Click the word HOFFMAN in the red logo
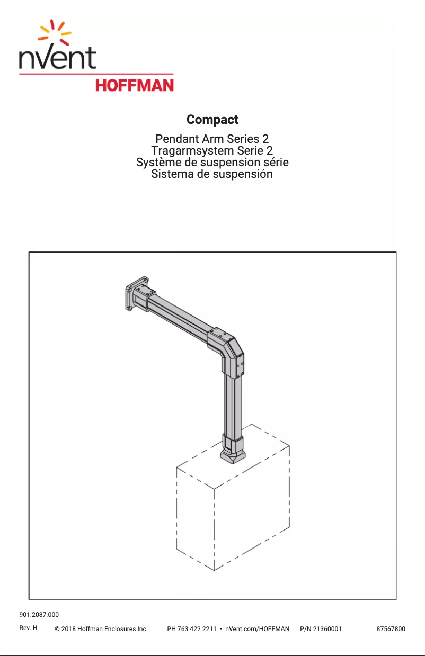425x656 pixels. click(x=134, y=85)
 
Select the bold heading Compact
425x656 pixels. click(x=212, y=120)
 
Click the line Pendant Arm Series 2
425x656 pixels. click(x=212, y=139)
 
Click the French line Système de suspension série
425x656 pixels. click(x=212, y=162)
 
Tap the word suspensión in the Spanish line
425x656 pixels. click(x=243, y=174)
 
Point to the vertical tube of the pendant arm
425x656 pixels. click(x=233, y=402)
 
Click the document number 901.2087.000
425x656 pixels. click(x=39, y=615)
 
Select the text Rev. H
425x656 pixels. click(x=28, y=628)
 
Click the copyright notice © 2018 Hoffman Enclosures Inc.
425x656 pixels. click(x=101, y=629)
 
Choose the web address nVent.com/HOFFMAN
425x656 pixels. click(x=257, y=629)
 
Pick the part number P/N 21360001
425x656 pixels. click(x=321, y=629)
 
